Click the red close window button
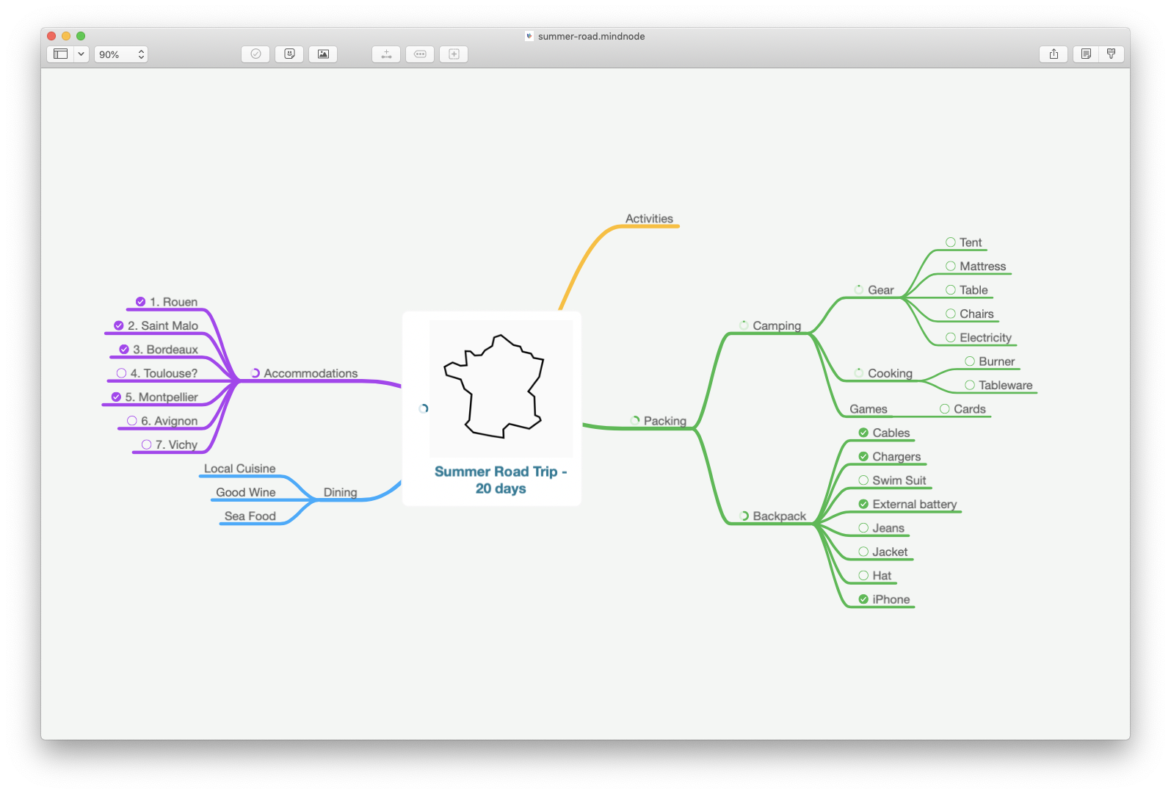pyautogui.click(x=51, y=36)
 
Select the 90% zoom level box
pyautogui.click(x=120, y=54)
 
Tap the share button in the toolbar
pyautogui.click(x=1054, y=54)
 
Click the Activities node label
pyautogui.click(x=649, y=219)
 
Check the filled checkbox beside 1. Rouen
pyautogui.click(x=141, y=302)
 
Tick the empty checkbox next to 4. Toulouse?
pyautogui.click(x=121, y=373)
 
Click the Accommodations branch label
pyautogui.click(x=311, y=373)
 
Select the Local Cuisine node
pyautogui.click(x=240, y=469)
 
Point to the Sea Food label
pyautogui.click(x=250, y=516)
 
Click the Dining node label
pyautogui.click(x=341, y=492)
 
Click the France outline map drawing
pyautogui.click(x=494, y=386)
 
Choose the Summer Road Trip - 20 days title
pyautogui.click(x=501, y=480)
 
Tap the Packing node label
pyautogui.click(x=665, y=421)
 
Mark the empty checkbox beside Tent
pyautogui.click(x=951, y=242)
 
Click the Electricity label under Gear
pyautogui.click(x=985, y=338)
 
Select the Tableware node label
pyautogui.click(x=1005, y=386)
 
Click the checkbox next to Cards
pyautogui.click(x=945, y=409)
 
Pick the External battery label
pyautogui.click(x=914, y=504)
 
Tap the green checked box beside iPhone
pyautogui.click(x=863, y=599)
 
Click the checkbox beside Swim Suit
pyautogui.click(x=863, y=480)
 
